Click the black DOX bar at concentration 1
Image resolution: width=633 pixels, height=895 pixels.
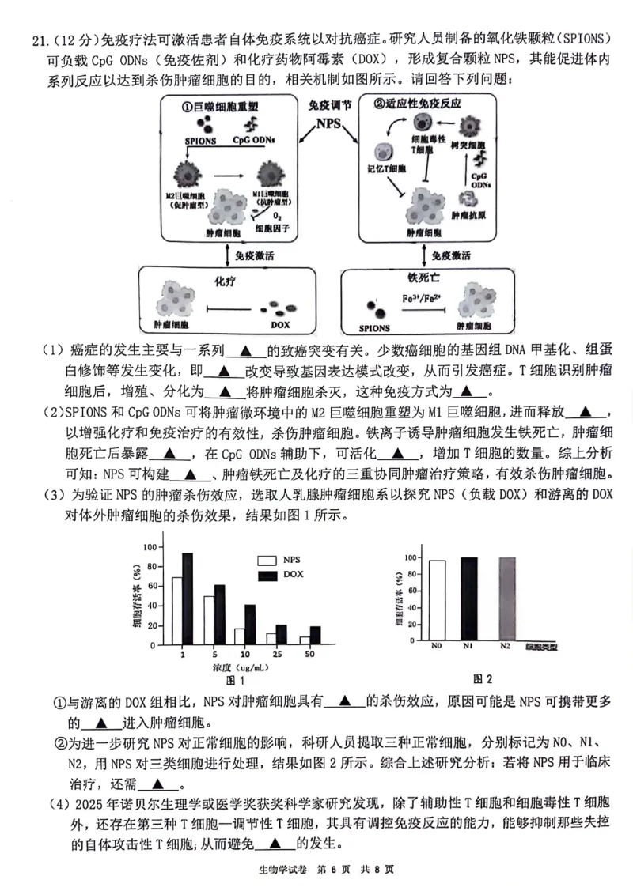point(188,599)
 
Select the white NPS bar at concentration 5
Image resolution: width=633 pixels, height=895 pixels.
point(209,621)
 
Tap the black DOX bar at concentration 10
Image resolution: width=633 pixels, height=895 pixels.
point(250,625)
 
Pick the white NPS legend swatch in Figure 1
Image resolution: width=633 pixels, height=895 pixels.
point(267,560)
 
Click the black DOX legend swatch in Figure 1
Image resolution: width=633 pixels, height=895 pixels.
point(267,574)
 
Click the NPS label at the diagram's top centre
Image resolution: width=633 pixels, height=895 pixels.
point(329,123)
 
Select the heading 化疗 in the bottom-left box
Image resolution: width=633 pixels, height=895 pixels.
point(224,281)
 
